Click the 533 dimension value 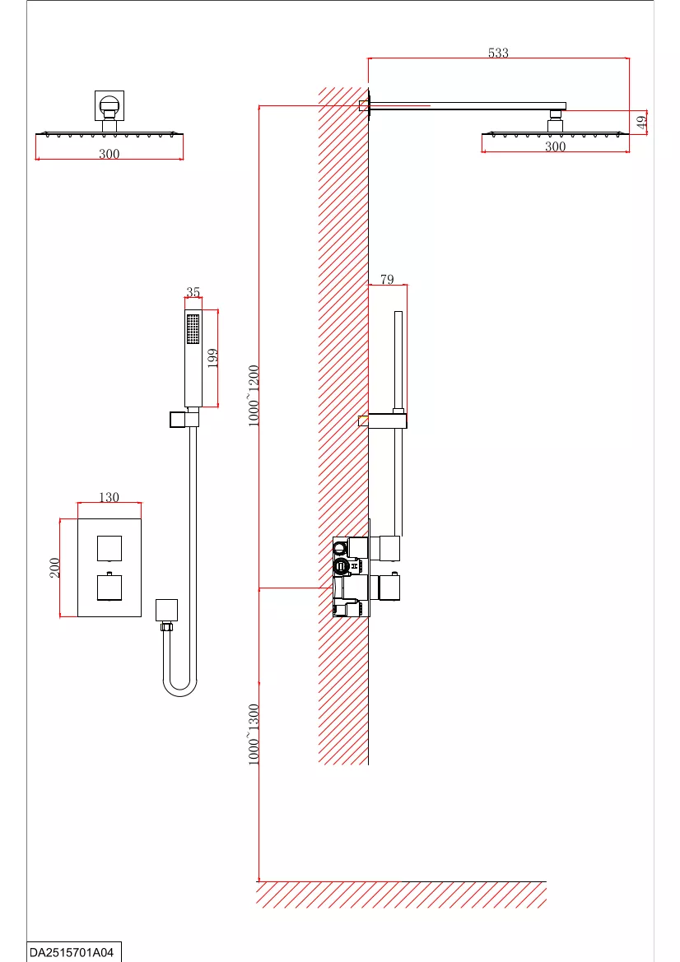[x=498, y=53]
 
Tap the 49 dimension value [x=642, y=122]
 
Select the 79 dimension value [x=387, y=279]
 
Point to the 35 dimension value [x=193, y=292]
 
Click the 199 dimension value [x=213, y=358]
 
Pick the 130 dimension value [x=109, y=497]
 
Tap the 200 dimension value [x=54, y=568]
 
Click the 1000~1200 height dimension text [x=254, y=396]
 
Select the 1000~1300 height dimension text [x=254, y=734]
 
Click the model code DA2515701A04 [x=72, y=953]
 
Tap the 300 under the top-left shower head [x=109, y=154]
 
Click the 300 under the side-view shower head [x=556, y=146]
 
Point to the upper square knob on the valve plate [x=109, y=549]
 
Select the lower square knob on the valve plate [x=109, y=587]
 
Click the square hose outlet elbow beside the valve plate [x=166, y=611]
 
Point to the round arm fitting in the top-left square [x=109, y=106]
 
